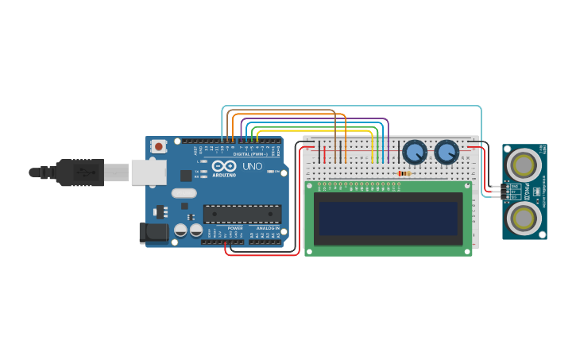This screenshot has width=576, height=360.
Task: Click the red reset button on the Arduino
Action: click(160, 146)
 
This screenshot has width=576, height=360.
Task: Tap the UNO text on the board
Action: click(252, 167)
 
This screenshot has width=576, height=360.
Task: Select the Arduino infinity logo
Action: click(224, 167)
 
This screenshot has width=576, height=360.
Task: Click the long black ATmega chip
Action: click(242, 214)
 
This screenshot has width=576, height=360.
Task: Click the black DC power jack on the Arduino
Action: click(153, 232)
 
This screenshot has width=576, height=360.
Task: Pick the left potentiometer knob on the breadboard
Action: click(414, 151)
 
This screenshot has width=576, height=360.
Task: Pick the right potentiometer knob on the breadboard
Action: click(446, 151)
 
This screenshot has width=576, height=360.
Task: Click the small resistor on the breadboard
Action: click(404, 173)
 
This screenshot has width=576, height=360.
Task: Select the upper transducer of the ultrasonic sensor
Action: click(524, 165)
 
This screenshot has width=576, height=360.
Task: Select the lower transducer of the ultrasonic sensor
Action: click(524, 215)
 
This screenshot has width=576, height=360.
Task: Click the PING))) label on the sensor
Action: click(536, 192)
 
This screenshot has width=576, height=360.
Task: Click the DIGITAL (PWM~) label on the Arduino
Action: click(250, 154)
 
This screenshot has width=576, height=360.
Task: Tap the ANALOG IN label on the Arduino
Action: click(266, 228)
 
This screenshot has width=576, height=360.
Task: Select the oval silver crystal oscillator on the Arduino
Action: click(184, 193)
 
